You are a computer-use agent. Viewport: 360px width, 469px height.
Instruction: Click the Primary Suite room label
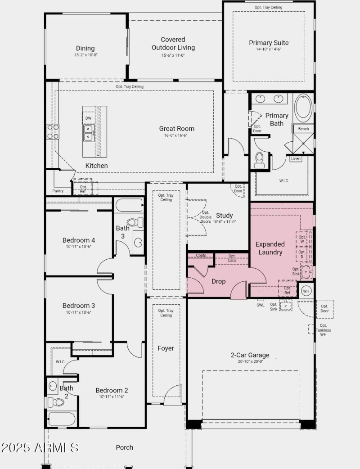[269, 43]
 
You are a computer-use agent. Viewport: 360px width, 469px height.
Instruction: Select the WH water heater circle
[306, 291]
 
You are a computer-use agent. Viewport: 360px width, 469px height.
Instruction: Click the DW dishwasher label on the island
[88, 118]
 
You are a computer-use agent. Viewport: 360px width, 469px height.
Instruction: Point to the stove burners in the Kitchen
[53, 131]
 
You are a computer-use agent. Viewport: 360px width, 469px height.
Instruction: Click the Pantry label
[58, 191]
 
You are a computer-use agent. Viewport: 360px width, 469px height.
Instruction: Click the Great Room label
[176, 129]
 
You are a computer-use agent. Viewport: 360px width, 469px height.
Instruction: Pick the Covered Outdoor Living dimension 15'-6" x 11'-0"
[173, 55]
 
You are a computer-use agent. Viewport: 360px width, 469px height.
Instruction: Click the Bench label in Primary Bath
[303, 129]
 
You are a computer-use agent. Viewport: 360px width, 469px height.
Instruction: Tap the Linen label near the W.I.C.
[296, 159]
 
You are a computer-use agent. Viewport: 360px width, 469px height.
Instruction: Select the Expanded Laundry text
[270, 248]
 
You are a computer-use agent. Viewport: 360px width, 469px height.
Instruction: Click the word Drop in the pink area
[219, 281]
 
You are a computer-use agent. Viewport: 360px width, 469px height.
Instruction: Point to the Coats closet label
[201, 256]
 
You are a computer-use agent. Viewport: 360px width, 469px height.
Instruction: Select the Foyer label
[166, 348]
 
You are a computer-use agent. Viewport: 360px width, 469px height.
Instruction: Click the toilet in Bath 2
[56, 401]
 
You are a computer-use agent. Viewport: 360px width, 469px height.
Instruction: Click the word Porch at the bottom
[124, 447]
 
